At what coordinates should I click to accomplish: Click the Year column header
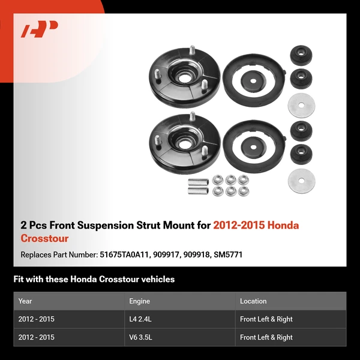pyautogui.click(x=25, y=301)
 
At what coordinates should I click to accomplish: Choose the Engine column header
pyautogui.click(x=139, y=301)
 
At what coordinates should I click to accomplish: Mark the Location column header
pyautogui.click(x=253, y=301)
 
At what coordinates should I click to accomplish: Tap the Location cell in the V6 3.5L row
pyautogui.click(x=266, y=337)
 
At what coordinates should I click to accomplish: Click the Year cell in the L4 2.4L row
pyautogui.click(x=36, y=319)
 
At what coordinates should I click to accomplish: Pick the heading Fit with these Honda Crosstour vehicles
pyautogui.click(x=94, y=279)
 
